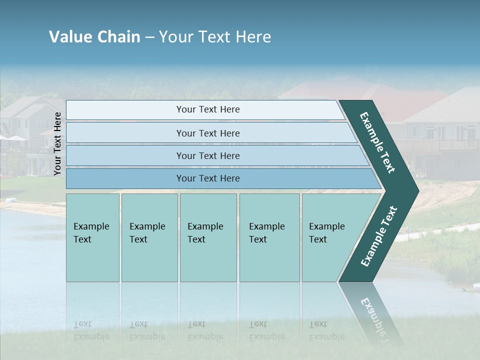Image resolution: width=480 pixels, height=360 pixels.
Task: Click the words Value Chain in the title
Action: coord(94,37)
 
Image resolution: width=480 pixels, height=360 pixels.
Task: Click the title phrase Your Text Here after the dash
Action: coord(215,37)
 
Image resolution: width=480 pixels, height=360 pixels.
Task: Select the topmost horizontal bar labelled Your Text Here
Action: coord(207,109)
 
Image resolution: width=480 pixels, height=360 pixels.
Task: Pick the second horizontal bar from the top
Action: coord(207,133)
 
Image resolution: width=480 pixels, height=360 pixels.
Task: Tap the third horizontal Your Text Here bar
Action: coord(207,155)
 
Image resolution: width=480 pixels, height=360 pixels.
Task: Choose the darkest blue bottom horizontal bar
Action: coord(207,178)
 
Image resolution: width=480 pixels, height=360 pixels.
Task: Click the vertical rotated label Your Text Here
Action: coord(57,143)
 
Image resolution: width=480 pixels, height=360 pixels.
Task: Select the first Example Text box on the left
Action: coord(92,237)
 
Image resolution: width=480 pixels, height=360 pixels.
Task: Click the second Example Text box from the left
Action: coord(149,237)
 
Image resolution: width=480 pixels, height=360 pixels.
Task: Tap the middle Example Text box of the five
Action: coord(207,237)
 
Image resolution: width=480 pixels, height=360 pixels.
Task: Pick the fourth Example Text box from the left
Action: coord(269,237)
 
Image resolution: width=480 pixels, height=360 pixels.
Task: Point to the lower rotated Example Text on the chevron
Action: coord(378,236)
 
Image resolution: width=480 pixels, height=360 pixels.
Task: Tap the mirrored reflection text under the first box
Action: coord(91,330)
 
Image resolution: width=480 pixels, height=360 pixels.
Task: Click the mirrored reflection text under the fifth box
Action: coord(326,330)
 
